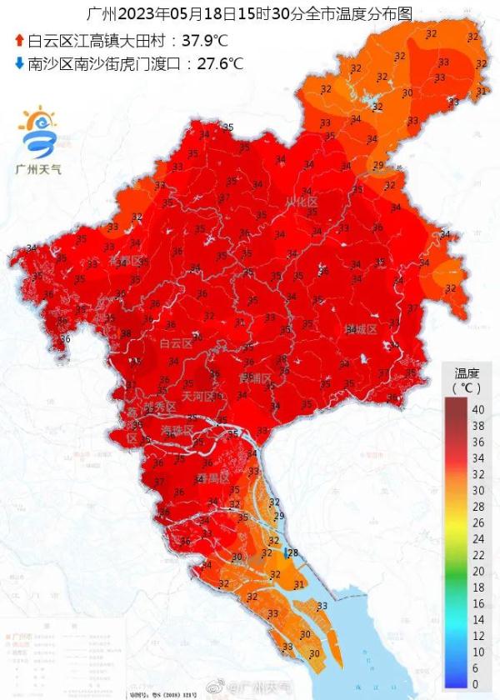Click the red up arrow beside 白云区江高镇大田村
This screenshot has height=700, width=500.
[x=19, y=39]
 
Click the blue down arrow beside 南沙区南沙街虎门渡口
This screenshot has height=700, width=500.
[x=19, y=62]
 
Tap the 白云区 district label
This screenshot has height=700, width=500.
[x=176, y=342]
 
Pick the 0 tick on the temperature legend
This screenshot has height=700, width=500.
[x=476, y=683]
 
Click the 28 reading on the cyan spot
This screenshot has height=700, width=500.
[x=292, y=552]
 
